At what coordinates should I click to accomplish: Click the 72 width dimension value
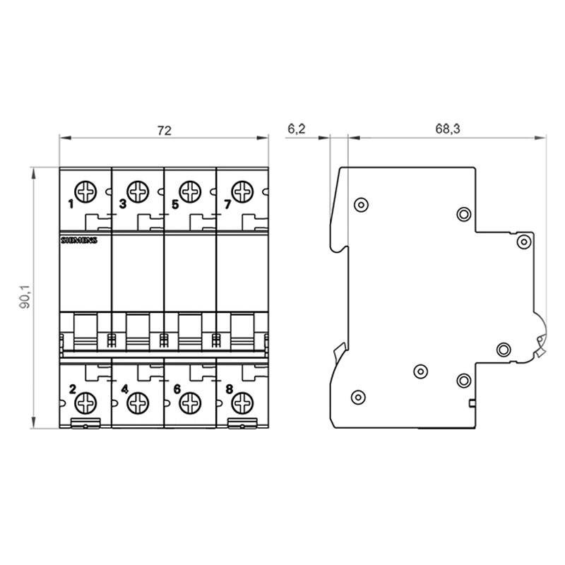[164, 130]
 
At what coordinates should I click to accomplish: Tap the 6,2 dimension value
[297, 129]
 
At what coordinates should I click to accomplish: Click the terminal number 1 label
[71, 205]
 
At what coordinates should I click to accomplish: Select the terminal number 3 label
[123, 205]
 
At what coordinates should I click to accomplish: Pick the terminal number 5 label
[175, 205]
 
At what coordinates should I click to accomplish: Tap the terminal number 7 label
[227, 205]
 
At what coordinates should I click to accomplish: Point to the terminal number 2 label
[71, 388]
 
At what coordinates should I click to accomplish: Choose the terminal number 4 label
[124, 388]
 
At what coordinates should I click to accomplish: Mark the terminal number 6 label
[176, 388]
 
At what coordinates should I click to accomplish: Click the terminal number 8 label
[227, 388]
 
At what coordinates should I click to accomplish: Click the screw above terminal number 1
[86, 191]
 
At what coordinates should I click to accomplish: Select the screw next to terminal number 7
[242, 191]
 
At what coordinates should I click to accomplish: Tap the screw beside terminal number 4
[138, 402]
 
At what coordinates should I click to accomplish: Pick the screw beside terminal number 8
[242, 402]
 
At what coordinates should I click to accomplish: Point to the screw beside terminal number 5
[190, 191]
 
